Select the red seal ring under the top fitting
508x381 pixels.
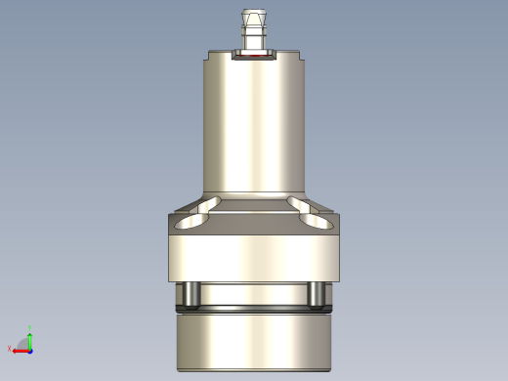click(254, 58)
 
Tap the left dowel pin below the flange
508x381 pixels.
click(192, 294)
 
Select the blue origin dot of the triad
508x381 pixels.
click(30, 349)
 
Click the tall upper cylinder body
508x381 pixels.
click(254, 127)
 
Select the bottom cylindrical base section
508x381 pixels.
click(254, 342)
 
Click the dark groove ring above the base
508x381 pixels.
click(254, 310)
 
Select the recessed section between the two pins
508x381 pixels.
click(254, 293)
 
